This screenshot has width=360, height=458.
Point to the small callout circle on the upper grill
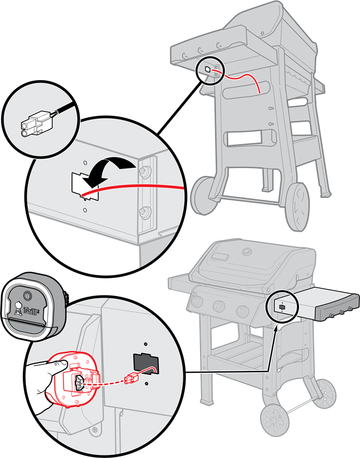tap(212, 71)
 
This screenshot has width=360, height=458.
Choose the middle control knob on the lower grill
tap(219, 307)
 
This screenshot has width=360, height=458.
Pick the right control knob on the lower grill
tap(242, 312)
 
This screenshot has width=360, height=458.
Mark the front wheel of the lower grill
tap(275, 420)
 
